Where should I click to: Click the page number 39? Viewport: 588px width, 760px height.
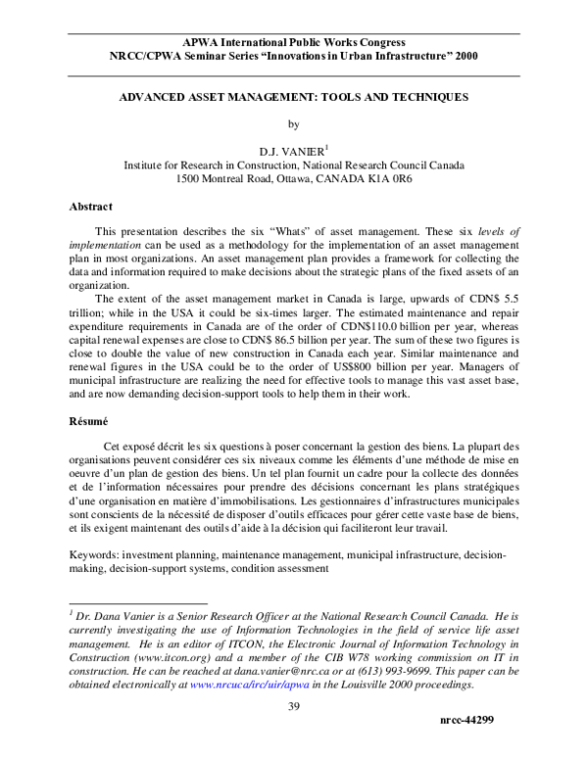(292, 709)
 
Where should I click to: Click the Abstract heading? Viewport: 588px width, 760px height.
(91, 207)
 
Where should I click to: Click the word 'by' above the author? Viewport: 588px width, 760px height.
(292, 124)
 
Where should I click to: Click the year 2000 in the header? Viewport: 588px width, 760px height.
(462, 57)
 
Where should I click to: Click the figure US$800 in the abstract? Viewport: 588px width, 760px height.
(347, 385)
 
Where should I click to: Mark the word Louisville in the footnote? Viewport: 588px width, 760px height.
(362, 685)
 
